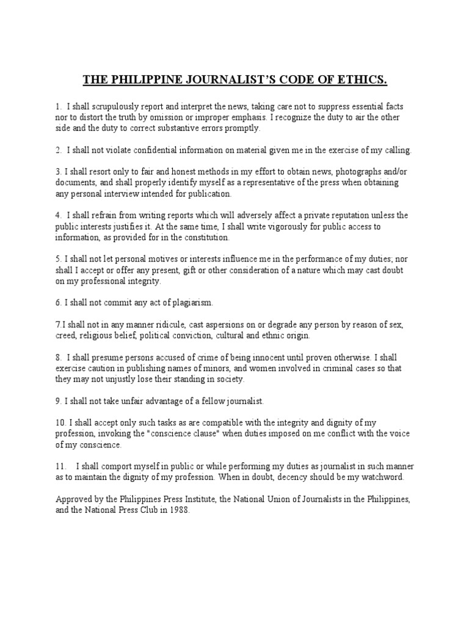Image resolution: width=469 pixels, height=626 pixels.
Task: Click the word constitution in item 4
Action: pos(208,238)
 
